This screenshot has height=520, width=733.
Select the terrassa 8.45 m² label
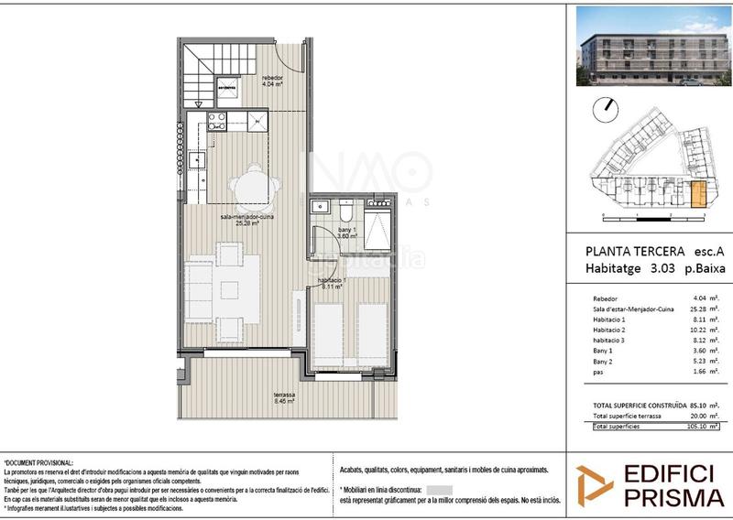pyautogui.click(x=284, y=397)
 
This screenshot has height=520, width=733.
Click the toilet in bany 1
pyautogui.click(x=345, y=207)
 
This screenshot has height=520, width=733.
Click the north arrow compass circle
pyautogui.click(x=605, y=111)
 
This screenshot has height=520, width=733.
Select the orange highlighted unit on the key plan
pyautogui.click(x=698, y=194)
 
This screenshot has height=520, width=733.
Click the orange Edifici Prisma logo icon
pyautogui.click(x=594, y=484)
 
